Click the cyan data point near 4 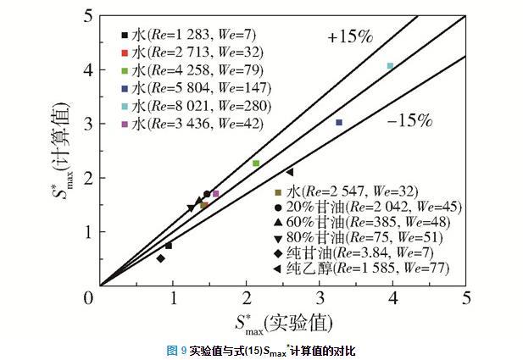[x=390, y=66]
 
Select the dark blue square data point [x=339, y=123]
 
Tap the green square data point [x=256, y=163]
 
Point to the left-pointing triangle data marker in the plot [x=290, y=172]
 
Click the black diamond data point [x=160, y=258]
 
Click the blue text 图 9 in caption [x=175, y=350]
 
